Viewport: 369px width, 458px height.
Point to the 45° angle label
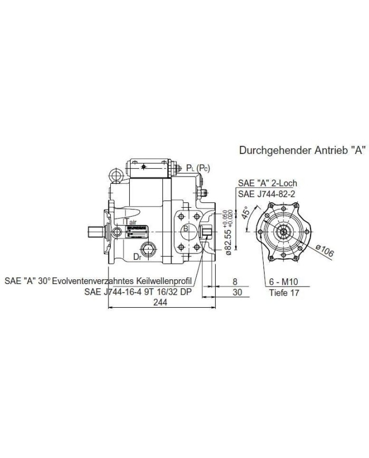pyautogui.click(x=245, y=212)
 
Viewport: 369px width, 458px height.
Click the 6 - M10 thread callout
pyautogui.click(x=285, y=282)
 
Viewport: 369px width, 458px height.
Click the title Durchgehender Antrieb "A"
pyautogui.click(x=302, y=150)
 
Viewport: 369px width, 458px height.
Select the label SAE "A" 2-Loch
pyautogui.click(x=267, y=183)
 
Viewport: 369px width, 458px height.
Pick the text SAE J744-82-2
pyautogui.click(x=268, y=194)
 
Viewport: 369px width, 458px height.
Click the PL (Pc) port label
pyautogui.click(x=198, y=168)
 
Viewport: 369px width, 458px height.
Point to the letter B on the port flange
pyautogui.click(x=186, y=229)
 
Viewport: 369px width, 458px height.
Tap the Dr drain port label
pyautogui.click(x=137, y=258)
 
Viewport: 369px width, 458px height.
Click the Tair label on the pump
pyautogui.click(x=130, y=222)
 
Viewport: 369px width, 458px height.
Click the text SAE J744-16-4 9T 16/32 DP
pyautogui.click(x=138, y=291)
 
